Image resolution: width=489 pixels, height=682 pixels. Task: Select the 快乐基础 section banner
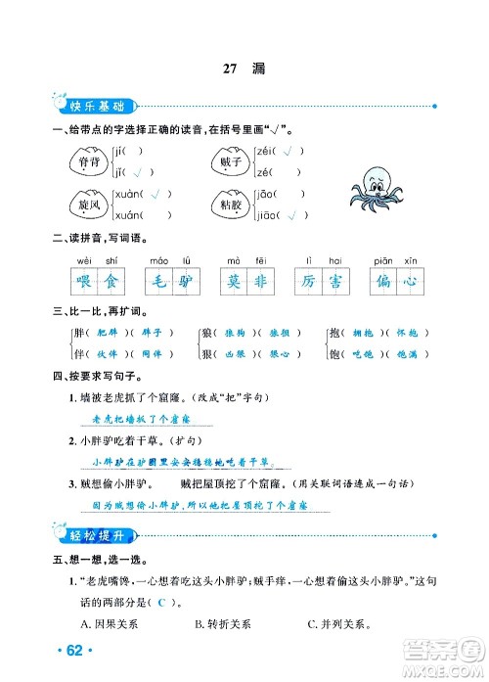tap(89, 105)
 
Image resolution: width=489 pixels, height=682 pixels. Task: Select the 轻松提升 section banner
tap(89, 534)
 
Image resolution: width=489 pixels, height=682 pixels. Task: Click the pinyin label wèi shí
tap(97, 260)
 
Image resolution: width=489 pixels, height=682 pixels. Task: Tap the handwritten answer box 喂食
tap(97, 282)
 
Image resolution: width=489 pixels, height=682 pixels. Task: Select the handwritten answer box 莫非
tap(247, 282)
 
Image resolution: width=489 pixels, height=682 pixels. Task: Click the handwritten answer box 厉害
tap(322, 282)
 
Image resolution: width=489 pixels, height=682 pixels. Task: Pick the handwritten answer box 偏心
tap(395, 282)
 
